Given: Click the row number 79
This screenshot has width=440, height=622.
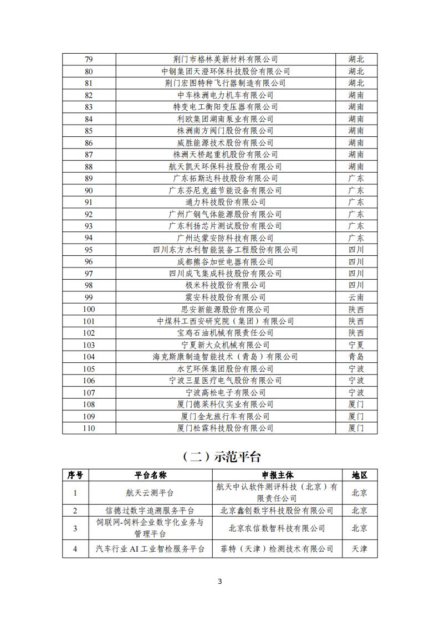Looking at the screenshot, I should pyautogui.click(x=89, y=59).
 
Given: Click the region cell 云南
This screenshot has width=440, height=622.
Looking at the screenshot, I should pyautogui.click(x=356, y=297).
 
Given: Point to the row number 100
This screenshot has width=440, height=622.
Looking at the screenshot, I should pyautogui.click(x=89, y=310).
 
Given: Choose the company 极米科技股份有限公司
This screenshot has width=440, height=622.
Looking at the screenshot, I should pyautogui.click(x=226, y=285).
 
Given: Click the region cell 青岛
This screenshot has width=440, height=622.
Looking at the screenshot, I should pyautogui.click(x=356, y=357).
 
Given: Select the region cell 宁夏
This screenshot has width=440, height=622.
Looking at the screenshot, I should pyautogui.click(x=356, y=345).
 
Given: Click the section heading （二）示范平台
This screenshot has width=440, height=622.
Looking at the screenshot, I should pyautogui.click(x=220, y=457).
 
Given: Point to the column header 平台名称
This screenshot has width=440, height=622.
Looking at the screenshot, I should pyautogui.click(x=150, y=475).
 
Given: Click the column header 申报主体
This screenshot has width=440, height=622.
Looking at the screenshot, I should pyautogui.click(x=277, y=475).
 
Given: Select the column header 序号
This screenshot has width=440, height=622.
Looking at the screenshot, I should pyautogui.click(x=75, y=475).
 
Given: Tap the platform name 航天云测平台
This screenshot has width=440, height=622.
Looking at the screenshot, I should pyautogui.click(x=150, y=492).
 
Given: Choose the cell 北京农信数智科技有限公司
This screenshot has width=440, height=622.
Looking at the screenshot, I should pyautogui.click(x=277, y=528).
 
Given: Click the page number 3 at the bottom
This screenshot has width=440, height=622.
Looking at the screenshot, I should pyautogui.click(x=220, y=581).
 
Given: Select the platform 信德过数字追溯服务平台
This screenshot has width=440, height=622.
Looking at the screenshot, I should pyautogui.click(x=150, y=511).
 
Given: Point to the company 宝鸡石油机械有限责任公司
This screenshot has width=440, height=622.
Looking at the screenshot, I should pyautogui.click(x=226, y=333).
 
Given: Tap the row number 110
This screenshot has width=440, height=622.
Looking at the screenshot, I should pyautogui.click(x=89, y=428).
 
